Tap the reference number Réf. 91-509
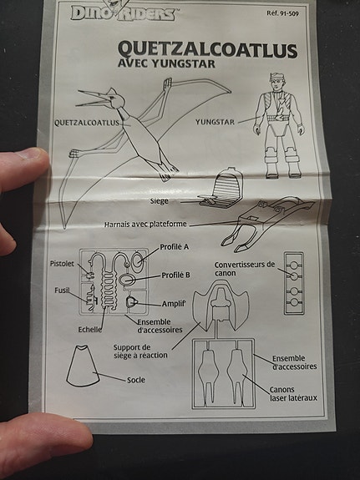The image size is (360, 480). (x=282, y=13)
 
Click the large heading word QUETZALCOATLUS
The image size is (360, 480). (x=207, y=49)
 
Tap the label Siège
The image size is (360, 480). (x=159, y=201)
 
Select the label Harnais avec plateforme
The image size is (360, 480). (x=145, y=224)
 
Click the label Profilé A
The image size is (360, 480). (x=175, y=247)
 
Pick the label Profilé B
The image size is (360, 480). (x=175, y=275)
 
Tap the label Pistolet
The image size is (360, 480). (x=62, y=264)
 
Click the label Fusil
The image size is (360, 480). (x=62, y=290)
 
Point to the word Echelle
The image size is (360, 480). (x=89, y=330)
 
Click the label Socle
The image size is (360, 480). (x=136, y=380)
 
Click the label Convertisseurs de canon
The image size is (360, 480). (x=245, y=269)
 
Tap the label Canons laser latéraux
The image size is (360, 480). (x=293, y=394)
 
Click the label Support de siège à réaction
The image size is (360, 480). (x=140, y=351)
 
